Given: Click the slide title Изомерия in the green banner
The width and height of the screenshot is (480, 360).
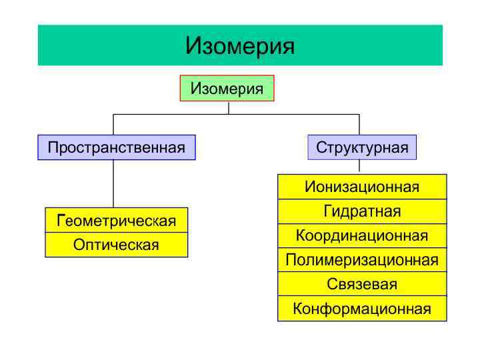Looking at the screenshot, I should tap(240, 45).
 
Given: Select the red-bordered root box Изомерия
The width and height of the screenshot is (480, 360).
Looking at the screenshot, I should tap(227, 88).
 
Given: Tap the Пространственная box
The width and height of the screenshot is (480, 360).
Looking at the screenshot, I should tap(116, 147).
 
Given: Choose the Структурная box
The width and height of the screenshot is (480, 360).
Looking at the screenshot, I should tap(362, 147).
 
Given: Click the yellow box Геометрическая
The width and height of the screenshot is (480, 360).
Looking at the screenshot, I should tap(116, 221).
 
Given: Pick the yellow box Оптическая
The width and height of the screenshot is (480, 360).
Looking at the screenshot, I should tap(116, 245).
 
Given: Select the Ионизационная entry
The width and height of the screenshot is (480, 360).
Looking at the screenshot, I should tap(362, 187).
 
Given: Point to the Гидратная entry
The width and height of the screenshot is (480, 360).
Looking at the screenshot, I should tap(362, 211).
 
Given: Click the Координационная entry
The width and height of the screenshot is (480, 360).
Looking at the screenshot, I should tap(362, 235).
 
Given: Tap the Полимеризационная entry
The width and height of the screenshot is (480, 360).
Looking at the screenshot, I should tap(362, 260).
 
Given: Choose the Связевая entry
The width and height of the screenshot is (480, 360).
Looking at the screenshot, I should tap(362, 284).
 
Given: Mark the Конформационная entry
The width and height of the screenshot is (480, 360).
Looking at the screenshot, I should tap(362, 309).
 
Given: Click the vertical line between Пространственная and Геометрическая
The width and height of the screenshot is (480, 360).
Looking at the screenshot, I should tap(113, 184).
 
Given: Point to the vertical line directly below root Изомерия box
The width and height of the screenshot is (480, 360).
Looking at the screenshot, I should tap(229, 107).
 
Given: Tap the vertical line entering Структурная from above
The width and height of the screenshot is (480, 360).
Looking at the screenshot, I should tap(359, 125).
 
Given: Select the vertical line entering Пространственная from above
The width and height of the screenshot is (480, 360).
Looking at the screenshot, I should tap(113, 125).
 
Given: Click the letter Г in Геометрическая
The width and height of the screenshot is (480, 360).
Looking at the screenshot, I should tap(61, 221).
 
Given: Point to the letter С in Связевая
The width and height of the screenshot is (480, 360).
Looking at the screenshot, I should tap(331, 285).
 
